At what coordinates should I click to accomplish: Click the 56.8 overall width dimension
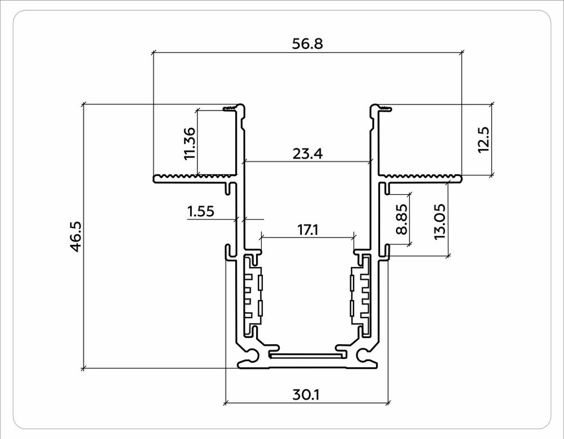pyautogui.click(x=307, y=43)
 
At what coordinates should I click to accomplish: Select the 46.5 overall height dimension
pyautogui.click(x=76, y=236)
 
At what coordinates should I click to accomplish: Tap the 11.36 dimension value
pyautogui.click(x=190, y=142)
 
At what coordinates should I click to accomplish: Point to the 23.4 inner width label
pyautogui.click(x=307, y=153)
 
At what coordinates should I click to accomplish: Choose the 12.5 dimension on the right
pyautogui.click(x=483, y=139)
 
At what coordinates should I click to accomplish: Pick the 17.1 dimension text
pyautogui.click(x=307, y=230)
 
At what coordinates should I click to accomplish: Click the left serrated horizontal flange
pyautogui.click(x=195, y=178)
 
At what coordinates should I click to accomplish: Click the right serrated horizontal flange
pyautogui.click(x=420, y=178)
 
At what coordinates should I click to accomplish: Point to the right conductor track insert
pyautogui.click(x=360, y=296)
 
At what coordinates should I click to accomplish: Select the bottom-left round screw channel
pyautogui.click(x=249, y=356)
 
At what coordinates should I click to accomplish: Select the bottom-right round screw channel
pyautogui.click(x=364, y=356)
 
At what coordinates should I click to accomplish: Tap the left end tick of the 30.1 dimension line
pyautogui.click(x=225, y=403)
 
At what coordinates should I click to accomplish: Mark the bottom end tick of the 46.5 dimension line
pyautogui.click(x=83, y=368)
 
